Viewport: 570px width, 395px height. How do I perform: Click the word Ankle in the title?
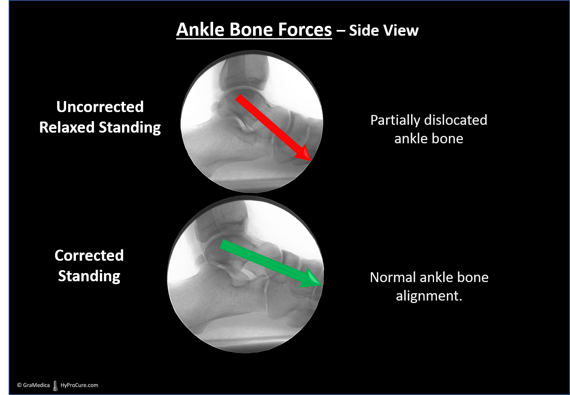click(200, 30)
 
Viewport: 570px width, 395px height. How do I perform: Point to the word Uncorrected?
click(100, 107)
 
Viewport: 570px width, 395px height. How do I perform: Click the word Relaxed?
click(67, 127)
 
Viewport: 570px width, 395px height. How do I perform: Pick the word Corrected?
click(89, 255)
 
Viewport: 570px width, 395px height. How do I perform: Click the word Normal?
click(392, 277)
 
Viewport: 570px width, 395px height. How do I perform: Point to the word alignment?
click(429, 296)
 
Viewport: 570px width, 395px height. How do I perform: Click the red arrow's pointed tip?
click(311, 161)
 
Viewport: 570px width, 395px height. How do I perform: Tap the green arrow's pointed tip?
click(322, 285)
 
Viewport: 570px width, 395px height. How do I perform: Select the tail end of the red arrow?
click(238, 97)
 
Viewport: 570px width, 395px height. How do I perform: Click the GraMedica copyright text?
click(33, 385)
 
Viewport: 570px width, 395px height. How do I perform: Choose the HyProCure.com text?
click(79, 385)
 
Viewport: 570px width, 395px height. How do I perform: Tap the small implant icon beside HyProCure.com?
click(55, 386)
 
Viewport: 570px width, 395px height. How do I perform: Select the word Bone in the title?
click(251, 30)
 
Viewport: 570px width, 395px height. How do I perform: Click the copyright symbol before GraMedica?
click(19, 385)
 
